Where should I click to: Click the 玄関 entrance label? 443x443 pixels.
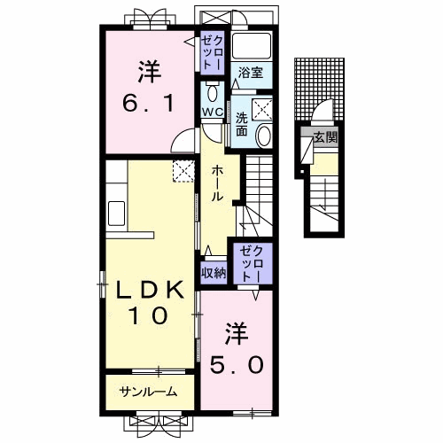[x=325, y=137]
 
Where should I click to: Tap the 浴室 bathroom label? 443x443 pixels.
[x=251, y=73]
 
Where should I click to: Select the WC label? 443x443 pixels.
[x=212, y=112]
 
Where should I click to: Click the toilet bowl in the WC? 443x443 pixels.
[x=212, y=93]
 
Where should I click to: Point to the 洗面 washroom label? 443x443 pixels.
[x=242, y=125]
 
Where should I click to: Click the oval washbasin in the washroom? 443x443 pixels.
[x=263, y=136]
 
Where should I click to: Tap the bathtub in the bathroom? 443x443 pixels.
[x=252, y=46]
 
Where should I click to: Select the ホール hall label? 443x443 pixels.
[x=217, y=183]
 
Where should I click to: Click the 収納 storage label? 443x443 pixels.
[x=214, y=273]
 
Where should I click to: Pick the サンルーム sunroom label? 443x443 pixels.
[x=148, y=392]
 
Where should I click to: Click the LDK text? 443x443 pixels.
[x=150, y=290]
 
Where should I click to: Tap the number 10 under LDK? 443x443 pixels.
[x=148, y=315]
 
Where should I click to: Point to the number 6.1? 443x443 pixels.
[x=148, y=104]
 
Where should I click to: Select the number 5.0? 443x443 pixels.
[x=237, y=364]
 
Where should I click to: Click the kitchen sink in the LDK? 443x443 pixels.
[x=116, y=214]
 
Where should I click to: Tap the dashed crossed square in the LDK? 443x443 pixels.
[x=183, y=171]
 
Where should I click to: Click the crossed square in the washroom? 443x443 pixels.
[x=261, y=110]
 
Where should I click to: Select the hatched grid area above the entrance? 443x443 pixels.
[x=319, y=89]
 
